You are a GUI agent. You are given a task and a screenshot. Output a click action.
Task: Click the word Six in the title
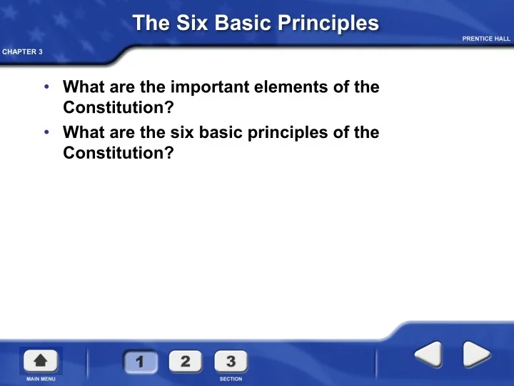[192, 23]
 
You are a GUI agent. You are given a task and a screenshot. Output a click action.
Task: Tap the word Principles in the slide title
[328, 24]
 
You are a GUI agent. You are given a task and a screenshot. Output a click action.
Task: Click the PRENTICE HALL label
[486, 39]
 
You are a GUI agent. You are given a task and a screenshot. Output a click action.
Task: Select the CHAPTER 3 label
[22, 52]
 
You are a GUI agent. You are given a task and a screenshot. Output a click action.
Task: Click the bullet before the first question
[46, 86]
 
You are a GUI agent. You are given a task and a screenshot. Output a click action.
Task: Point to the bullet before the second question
[46, 132]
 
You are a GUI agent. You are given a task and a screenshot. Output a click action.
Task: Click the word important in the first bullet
[210, 87]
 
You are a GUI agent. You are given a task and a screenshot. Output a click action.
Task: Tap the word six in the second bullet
[182, 132]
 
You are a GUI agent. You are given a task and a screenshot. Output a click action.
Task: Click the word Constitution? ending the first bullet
[119, 107]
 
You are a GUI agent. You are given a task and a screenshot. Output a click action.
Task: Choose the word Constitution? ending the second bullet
[119, 153]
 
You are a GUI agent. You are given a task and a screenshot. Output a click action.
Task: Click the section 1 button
[141, 362]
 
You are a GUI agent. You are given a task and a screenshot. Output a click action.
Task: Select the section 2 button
[186, 362]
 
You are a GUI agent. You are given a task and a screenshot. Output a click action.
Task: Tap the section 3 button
[231, 362]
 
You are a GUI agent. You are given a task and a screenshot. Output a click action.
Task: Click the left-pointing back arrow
[428, 354]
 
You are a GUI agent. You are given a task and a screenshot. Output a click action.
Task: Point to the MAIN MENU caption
[41, 379]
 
